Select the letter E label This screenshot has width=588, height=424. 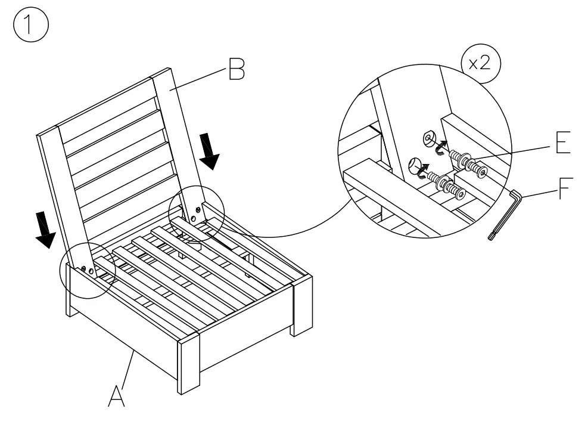(562, 143)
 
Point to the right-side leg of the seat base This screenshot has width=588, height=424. (302, 304)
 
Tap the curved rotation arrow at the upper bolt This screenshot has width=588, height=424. (442, 147)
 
